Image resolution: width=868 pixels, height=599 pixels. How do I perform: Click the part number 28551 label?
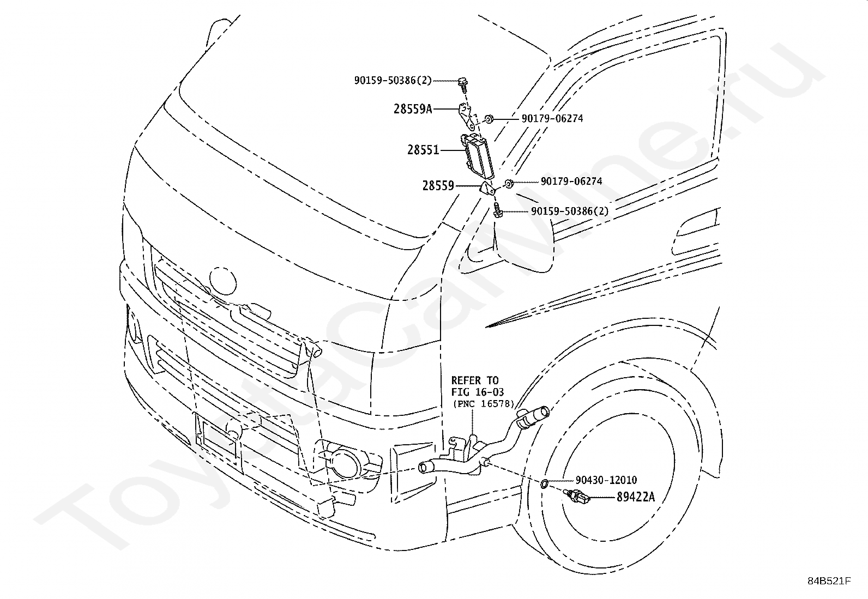(x=423, y=150)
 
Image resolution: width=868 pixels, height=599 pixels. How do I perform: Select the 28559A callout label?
(x=413, y=109)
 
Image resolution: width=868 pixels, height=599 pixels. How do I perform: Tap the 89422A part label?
(x=636, y=497)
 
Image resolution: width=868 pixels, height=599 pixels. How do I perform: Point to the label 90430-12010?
(x=606, y=480)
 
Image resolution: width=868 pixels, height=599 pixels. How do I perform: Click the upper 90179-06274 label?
(x=552, y=119)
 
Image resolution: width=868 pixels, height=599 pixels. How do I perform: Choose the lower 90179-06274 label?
(x=571, y=181)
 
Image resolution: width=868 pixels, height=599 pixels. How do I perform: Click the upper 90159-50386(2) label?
(x=393, y=81)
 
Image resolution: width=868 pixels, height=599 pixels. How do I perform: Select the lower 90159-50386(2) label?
(x=570, y=211)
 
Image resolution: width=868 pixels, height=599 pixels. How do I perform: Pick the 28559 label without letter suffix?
(x=438, y=186)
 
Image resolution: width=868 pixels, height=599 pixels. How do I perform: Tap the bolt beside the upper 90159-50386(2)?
(x=463, y=85)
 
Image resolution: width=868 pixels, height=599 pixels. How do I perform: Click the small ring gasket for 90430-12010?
(x=545, y=483)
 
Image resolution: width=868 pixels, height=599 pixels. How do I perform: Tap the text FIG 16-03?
(x=478, y=392)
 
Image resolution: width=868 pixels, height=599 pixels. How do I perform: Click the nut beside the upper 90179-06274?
(x=489, y=119)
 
